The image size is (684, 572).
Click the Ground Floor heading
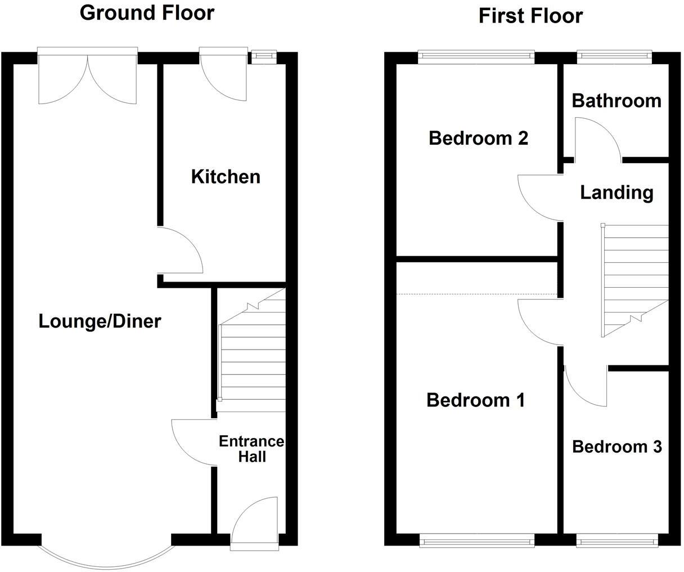click(147, 12)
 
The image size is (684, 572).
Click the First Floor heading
click(530, 16)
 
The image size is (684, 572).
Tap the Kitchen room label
click(226, 176)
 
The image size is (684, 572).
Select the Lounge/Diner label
click(100, 321)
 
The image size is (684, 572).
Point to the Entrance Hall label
click(251, 449)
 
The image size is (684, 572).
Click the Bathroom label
click(616, 101)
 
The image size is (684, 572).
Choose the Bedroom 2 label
click(478, 138)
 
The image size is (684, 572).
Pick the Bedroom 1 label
click(475, 400)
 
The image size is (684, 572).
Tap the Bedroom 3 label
click(616, 446)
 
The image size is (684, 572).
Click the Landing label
click(616, 193)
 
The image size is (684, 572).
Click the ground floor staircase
click(252, 355)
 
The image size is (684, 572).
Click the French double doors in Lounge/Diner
click(87, 79)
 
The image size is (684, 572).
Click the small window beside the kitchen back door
click(263, 56)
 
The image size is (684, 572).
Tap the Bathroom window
click(614, 55)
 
